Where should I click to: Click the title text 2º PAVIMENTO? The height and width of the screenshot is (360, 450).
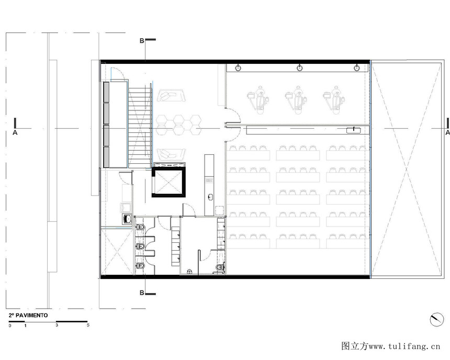[x=28, y=315]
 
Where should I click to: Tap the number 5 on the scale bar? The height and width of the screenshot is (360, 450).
[x=88, y=325]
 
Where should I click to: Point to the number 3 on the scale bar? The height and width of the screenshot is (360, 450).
[x=57, y=325]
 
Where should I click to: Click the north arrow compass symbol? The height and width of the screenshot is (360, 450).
[x=437, y=319]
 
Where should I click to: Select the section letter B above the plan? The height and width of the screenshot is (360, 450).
[x=142, y=41]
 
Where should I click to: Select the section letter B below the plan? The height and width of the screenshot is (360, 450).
[x=142, y=293]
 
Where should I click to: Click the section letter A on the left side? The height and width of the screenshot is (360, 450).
[x=15, y=132]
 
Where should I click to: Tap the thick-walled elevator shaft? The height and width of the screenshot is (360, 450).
[x=168, y=182]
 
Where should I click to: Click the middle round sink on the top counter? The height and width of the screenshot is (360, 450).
[x=299, y=68]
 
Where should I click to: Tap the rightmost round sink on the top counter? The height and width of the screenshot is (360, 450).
[x=356, y=68]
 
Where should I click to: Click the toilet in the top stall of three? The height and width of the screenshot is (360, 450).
[x=140, y=227]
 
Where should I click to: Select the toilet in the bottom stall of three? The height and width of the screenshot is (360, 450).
[x=140, y=266]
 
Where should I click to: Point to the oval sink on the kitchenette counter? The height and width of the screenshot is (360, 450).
[x=210, y=197]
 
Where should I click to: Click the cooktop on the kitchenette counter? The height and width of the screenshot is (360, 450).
[x=209, y=181]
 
